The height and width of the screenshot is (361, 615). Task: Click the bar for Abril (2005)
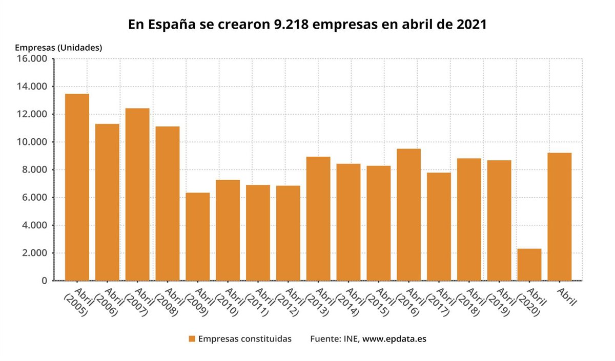coord(77,187)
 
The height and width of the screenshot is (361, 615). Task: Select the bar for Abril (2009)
coord(198,237)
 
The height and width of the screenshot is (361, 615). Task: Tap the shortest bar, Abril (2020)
coord(529,265)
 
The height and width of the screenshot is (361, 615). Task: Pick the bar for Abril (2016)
coord(408,215)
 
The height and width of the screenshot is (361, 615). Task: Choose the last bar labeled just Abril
coord(560,217)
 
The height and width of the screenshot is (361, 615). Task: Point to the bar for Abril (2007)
coord(137,195)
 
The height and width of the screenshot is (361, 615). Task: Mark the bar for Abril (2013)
coord(318,219)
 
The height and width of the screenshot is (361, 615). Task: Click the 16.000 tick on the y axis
coord(32,59)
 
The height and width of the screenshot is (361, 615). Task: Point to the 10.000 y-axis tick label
coord(32,142)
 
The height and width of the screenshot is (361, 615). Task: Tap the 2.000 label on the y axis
coord(34,253)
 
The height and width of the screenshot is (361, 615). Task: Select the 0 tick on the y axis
coord(44,281)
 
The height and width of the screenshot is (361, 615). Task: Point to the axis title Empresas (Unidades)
coord(58,48)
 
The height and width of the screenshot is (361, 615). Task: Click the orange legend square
coord(192,339)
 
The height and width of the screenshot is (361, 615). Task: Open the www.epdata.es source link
coord(394,339)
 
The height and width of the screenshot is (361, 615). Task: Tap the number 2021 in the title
coord(471,25)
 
